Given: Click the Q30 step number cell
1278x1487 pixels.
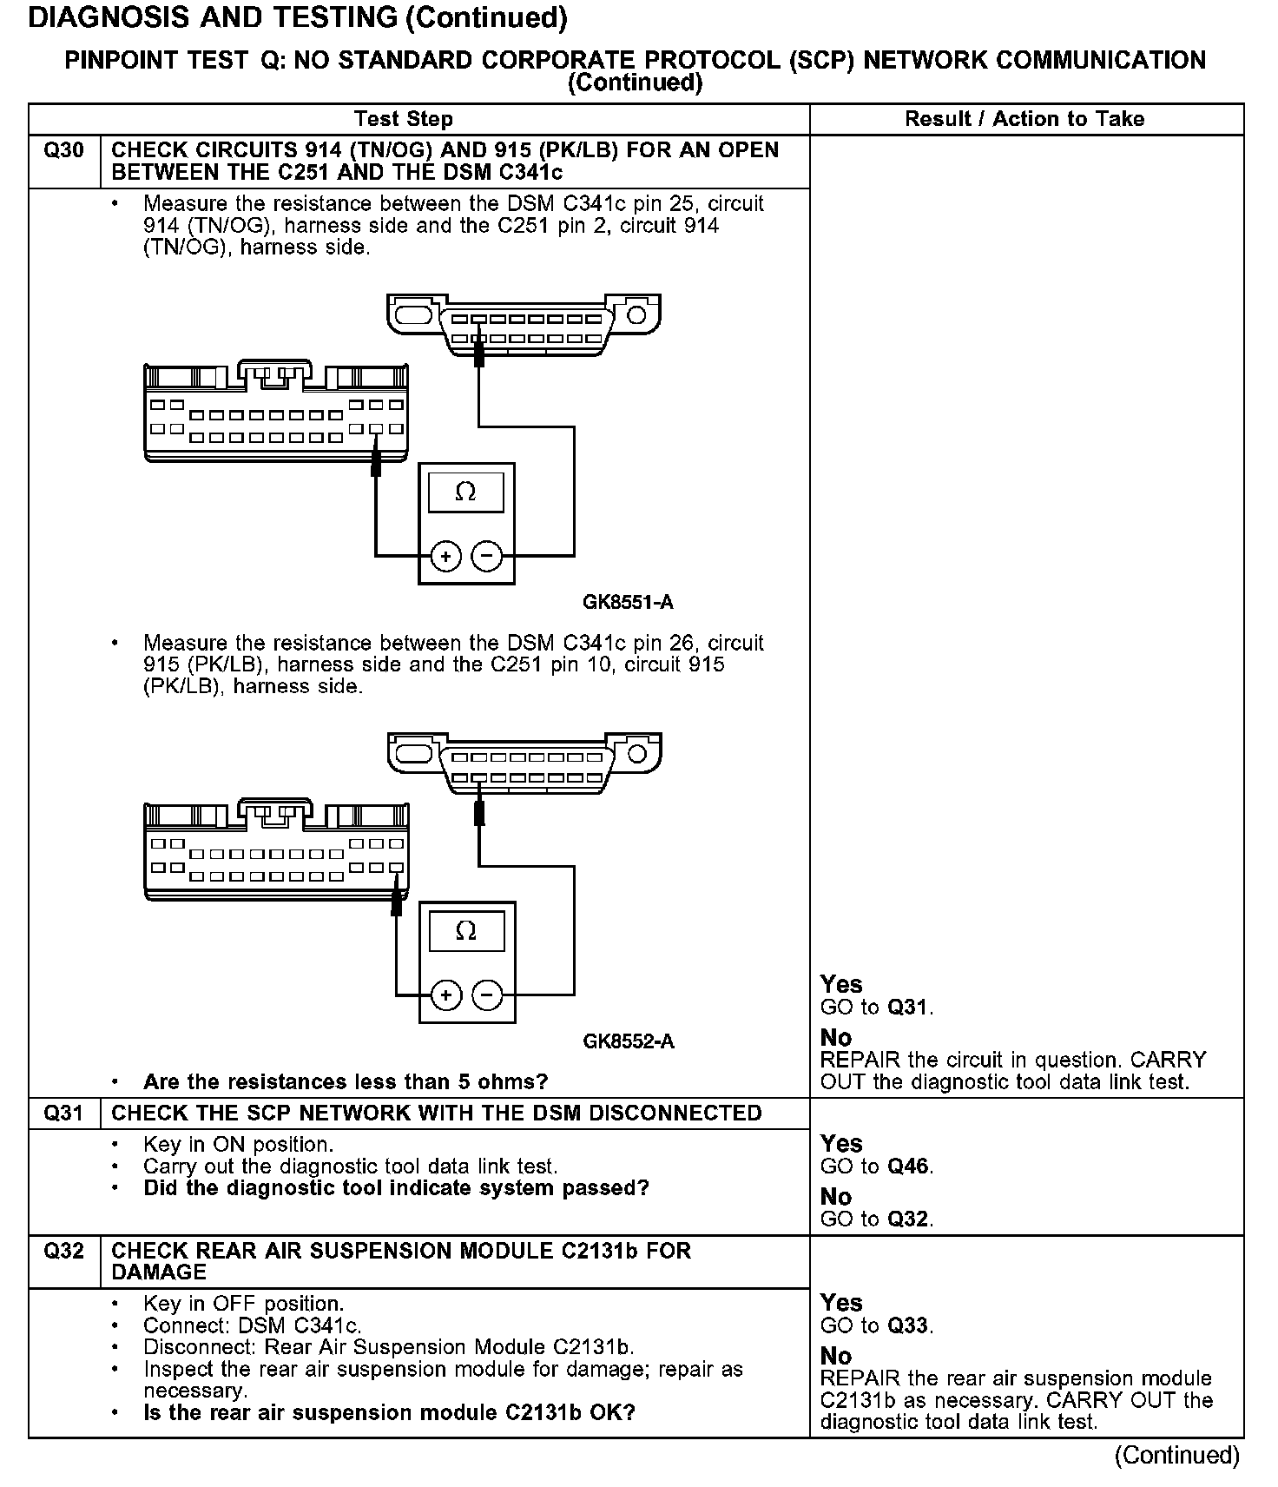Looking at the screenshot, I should [64, 151].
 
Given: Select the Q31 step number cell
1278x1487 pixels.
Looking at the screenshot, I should [64, 1114].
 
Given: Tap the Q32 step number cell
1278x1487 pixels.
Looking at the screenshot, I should [64, 1251].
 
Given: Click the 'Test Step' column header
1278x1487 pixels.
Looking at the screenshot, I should [404, 119].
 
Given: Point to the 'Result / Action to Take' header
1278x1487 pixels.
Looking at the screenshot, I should [1024, 119].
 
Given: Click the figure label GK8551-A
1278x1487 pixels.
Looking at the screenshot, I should [628, 602].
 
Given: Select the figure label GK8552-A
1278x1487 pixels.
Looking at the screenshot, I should [628, 1041].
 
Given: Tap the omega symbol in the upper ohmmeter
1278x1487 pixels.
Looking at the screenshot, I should [465, 492].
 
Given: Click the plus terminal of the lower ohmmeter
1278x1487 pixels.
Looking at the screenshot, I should [446, 995].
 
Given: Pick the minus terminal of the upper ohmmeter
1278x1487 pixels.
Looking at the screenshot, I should [487, 555].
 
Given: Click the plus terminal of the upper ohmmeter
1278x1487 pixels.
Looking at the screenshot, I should [446, 555].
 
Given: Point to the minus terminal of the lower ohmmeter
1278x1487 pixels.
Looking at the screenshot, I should [487, 995].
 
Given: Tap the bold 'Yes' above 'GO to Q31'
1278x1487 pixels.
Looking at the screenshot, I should [841, 984].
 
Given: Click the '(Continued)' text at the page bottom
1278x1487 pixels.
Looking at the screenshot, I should [1176, 1455].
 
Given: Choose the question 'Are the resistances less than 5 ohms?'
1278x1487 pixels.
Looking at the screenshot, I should [346, 1082].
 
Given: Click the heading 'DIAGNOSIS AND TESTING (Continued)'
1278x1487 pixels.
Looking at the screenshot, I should [298, 18].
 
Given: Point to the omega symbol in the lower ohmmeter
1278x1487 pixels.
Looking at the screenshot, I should [465, 932].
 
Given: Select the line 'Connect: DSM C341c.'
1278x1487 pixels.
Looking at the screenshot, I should [252, 1325].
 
